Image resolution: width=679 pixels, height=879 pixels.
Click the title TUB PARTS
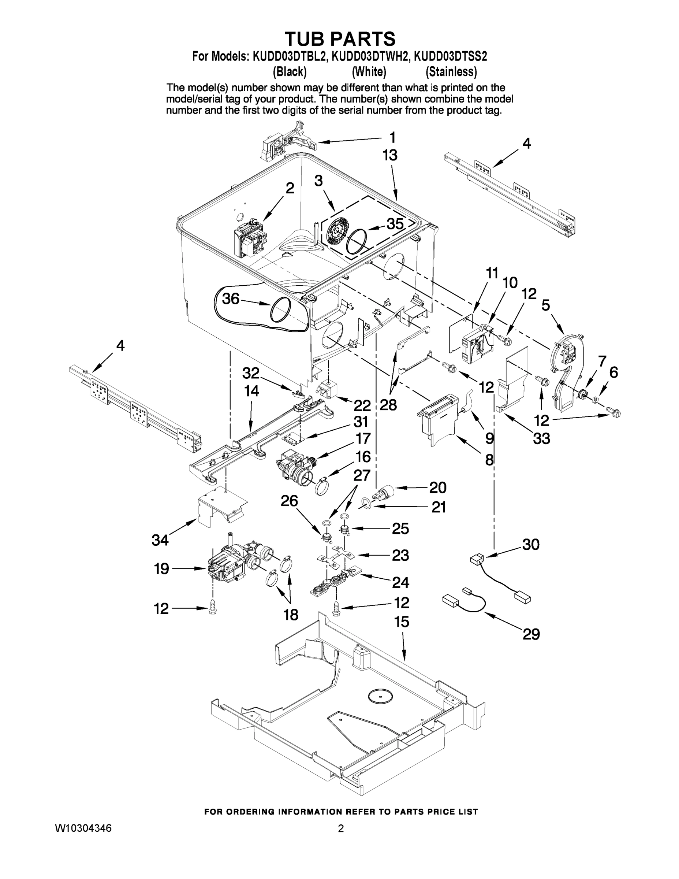point(340,39)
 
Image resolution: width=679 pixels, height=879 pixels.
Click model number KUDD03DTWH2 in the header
point(369,56)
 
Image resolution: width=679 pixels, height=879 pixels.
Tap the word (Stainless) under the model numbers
point(451,72)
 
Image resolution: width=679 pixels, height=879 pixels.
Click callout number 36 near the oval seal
point(231,298)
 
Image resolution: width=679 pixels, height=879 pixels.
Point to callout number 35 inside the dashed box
point(395,224)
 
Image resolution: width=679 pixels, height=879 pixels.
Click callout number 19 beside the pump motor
point(161,569)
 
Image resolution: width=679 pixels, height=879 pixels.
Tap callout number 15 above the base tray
point(402,622)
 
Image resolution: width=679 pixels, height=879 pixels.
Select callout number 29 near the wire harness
point(531,635)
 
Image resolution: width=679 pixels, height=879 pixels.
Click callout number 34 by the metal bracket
point(160,541)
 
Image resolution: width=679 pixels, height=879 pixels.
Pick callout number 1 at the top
point(392,138)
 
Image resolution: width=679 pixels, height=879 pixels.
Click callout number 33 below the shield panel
point(541,438)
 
